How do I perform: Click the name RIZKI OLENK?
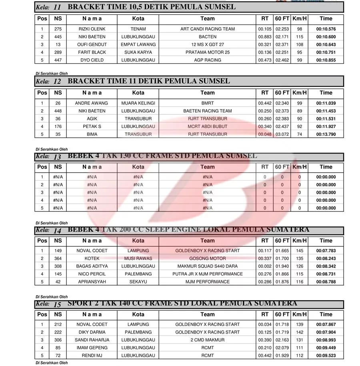(92, 29)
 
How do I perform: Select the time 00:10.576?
(326, 29)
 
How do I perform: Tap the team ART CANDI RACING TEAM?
(207, 29)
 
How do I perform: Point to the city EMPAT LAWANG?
(138, 44)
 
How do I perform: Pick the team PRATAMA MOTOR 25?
(207, 52)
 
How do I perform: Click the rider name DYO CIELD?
(92, 60)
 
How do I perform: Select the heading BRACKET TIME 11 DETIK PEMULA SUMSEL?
(149, 81)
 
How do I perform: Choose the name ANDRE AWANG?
(92, 103)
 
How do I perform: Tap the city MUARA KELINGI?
(138, 103)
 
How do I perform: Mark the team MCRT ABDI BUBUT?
(207, 127)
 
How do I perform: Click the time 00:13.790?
(326, 134)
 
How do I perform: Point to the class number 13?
(57, 157)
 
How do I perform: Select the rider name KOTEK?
(92, 259)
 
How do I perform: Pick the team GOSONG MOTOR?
(207, 259)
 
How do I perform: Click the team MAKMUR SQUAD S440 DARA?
(207, 266)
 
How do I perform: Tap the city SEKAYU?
(138, 282)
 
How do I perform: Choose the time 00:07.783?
(326, 251)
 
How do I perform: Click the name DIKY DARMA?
(92, 332)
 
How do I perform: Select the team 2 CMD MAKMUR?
(207, 340)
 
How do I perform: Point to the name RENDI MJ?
(92, 356)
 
